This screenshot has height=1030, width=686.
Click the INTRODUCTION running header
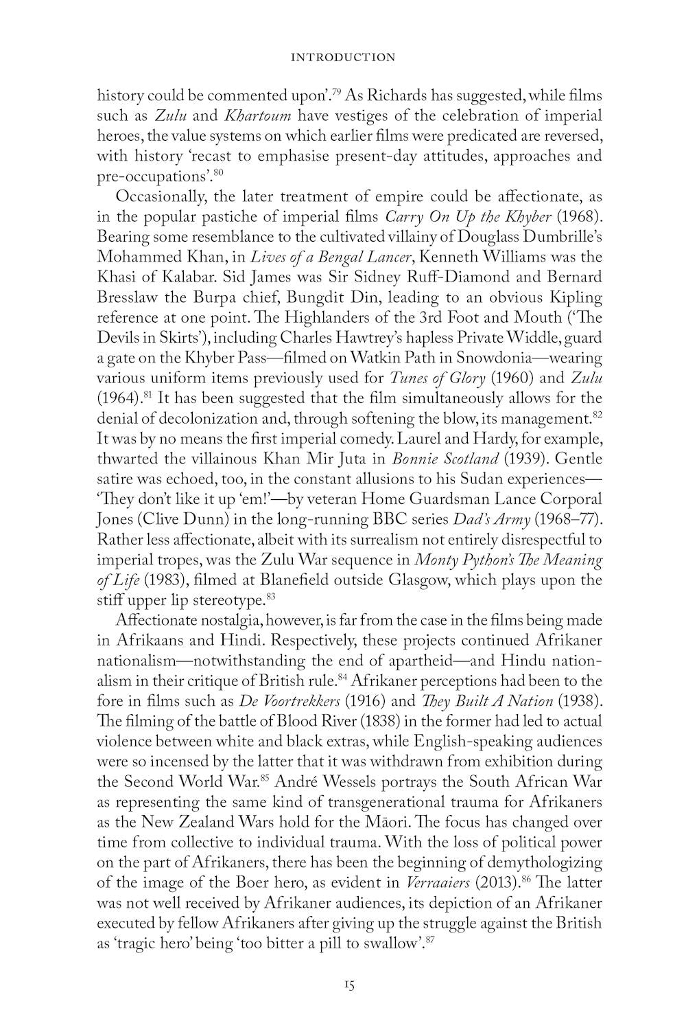[x=343, y=57]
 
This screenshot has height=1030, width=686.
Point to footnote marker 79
[x=337, y=91]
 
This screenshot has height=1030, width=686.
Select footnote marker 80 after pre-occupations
[x=218, y=172]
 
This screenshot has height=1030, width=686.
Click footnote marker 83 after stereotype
[x=271, y=596]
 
